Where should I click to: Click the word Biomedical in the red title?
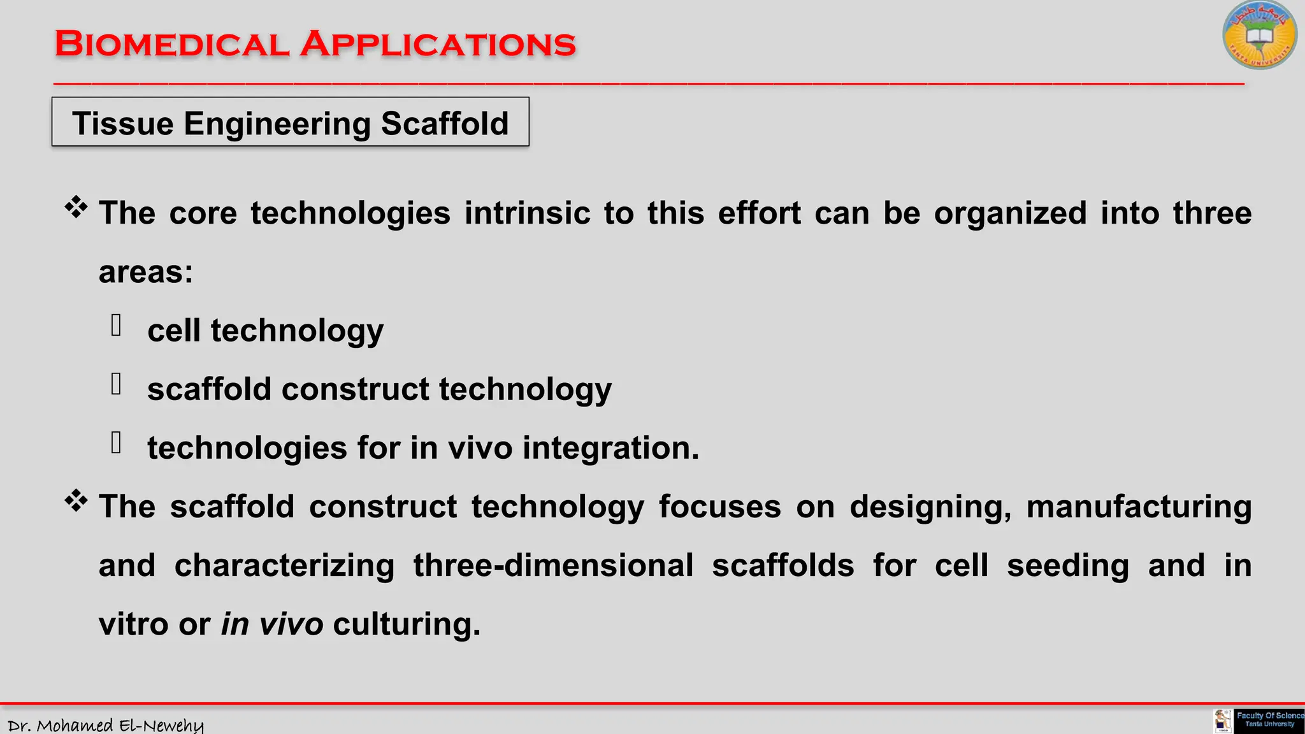(x=172, y=45)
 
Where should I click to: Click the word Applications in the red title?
(x=438, y=45)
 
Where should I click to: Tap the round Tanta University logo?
(x=1259, y=36)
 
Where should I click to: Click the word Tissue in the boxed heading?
(x=122, y=124)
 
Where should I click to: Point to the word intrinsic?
(x=527, y=213)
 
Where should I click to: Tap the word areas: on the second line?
(x=146, y=272)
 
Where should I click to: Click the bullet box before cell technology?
(x=116, y=326)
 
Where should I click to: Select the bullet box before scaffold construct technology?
(x=116, y=384)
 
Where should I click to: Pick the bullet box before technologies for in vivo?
(x=116, y=443)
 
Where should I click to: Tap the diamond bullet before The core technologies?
(x=76, y=207)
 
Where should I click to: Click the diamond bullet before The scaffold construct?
(x=76, y=501)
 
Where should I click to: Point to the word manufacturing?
(x=1139, y=507)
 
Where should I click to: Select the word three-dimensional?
(x=553, y=566)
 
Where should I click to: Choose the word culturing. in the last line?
(x=407, y=624)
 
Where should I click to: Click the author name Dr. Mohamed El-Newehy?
(x=106, y=725)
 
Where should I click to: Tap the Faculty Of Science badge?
(x=1269, y=721)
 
